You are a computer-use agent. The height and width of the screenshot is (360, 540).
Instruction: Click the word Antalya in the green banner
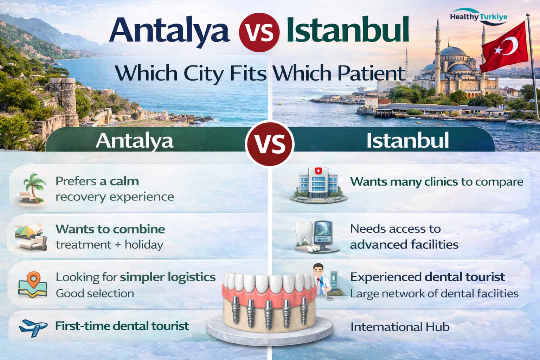pyautogui.click(x=135, y=141)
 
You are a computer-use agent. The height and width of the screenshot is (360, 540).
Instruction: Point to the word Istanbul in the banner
pyautogui.click(x=407, y=140)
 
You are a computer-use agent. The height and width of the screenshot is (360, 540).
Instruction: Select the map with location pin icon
pyautogui.click(x=32, y=285)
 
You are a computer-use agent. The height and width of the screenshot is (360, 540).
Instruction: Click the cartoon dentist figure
pyautogui.click(x=320, y=279)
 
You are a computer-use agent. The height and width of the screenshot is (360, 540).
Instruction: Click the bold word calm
pyautogui.click(x=124, y=181)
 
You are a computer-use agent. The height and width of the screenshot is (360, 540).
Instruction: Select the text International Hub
pyautogui.click(x=400, y=327)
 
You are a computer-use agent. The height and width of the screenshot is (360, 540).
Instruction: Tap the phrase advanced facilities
pyautogui.click(x=404, y=244)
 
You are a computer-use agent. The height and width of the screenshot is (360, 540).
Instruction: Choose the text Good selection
pyautogui.click(x=95, y=293)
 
